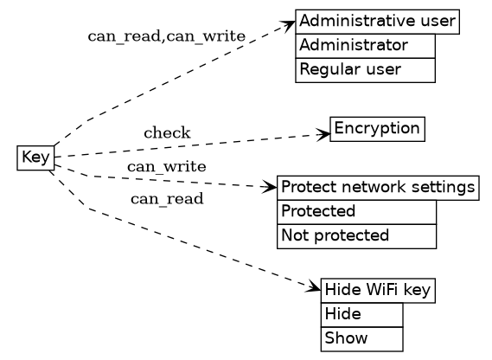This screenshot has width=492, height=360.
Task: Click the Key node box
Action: [35, 157]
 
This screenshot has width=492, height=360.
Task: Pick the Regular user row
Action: [364, 69]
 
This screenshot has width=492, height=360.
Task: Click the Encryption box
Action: [377, 130]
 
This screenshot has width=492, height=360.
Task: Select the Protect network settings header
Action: [378, 188]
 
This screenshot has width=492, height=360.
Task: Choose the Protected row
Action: [356, 211]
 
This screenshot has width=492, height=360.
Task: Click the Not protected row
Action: [356, 235]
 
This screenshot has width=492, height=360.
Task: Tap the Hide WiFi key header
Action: [377, 291]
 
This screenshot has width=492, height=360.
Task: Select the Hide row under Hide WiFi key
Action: [361, 314]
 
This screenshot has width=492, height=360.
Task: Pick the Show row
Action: [361, 338]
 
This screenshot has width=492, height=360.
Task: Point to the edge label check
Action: [167, 133]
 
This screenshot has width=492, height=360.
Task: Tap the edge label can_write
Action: [166, 166]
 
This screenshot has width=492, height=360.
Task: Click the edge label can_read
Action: [167, 200]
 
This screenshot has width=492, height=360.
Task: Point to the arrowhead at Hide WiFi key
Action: [315, 287]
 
